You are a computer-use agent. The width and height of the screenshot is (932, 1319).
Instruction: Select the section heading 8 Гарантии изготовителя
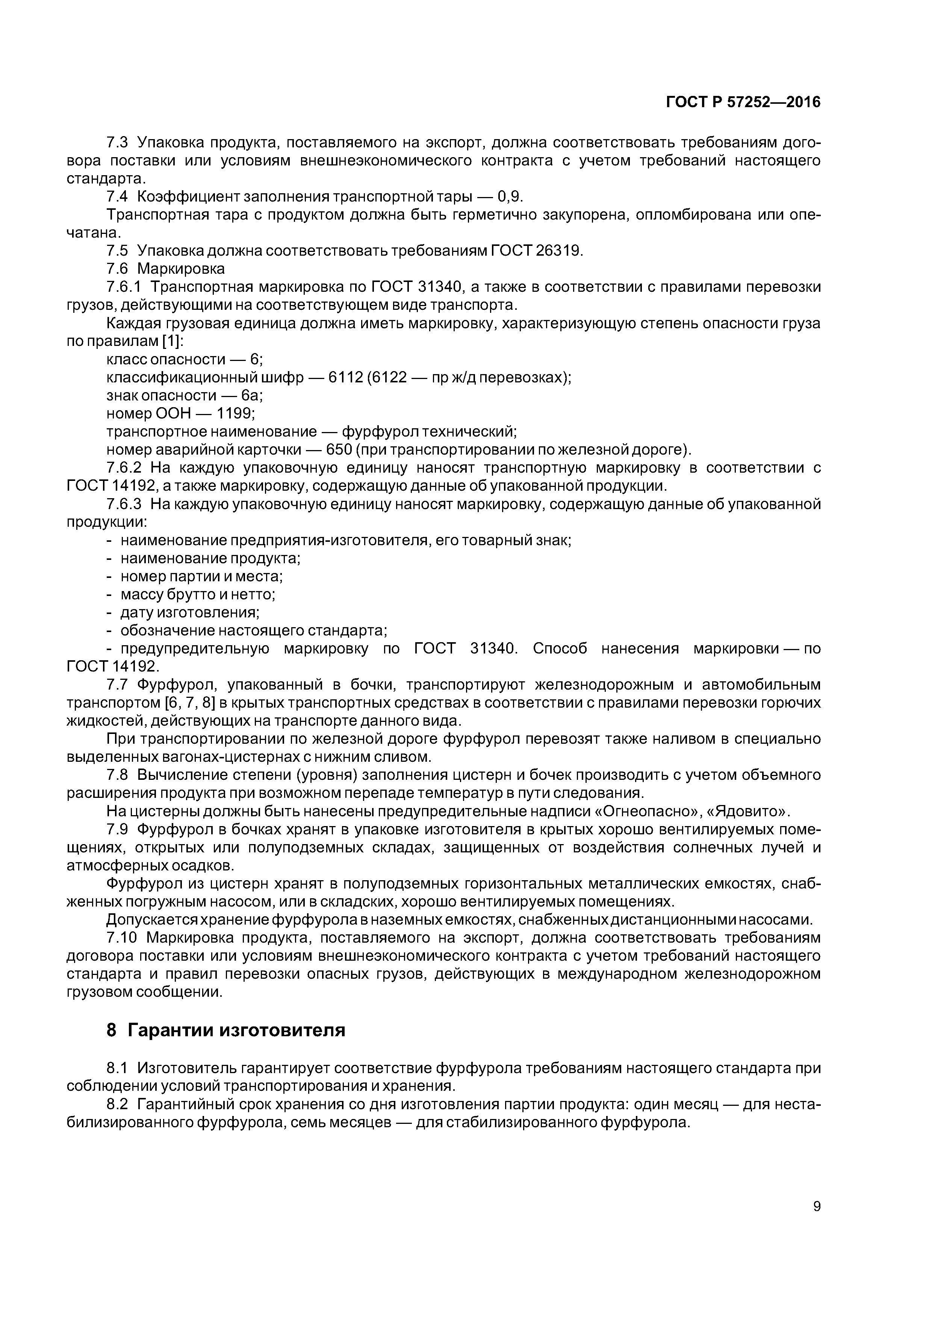tap(226, 1030)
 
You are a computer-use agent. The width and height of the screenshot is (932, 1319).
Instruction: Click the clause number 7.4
tap(117, 197)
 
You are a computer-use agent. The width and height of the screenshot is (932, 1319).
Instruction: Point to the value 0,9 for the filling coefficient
tap(510, 197)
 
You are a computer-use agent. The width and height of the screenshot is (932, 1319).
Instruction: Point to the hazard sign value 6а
tap(251, 395)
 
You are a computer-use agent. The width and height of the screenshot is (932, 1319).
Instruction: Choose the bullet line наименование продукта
tap(210, 558)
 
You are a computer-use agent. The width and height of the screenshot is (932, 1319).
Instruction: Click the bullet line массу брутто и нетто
tap(198, 594)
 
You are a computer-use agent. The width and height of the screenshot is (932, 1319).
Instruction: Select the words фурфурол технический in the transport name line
tap(430, 431)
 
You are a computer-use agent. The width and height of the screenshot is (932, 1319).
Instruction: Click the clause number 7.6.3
tap(124, 504)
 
